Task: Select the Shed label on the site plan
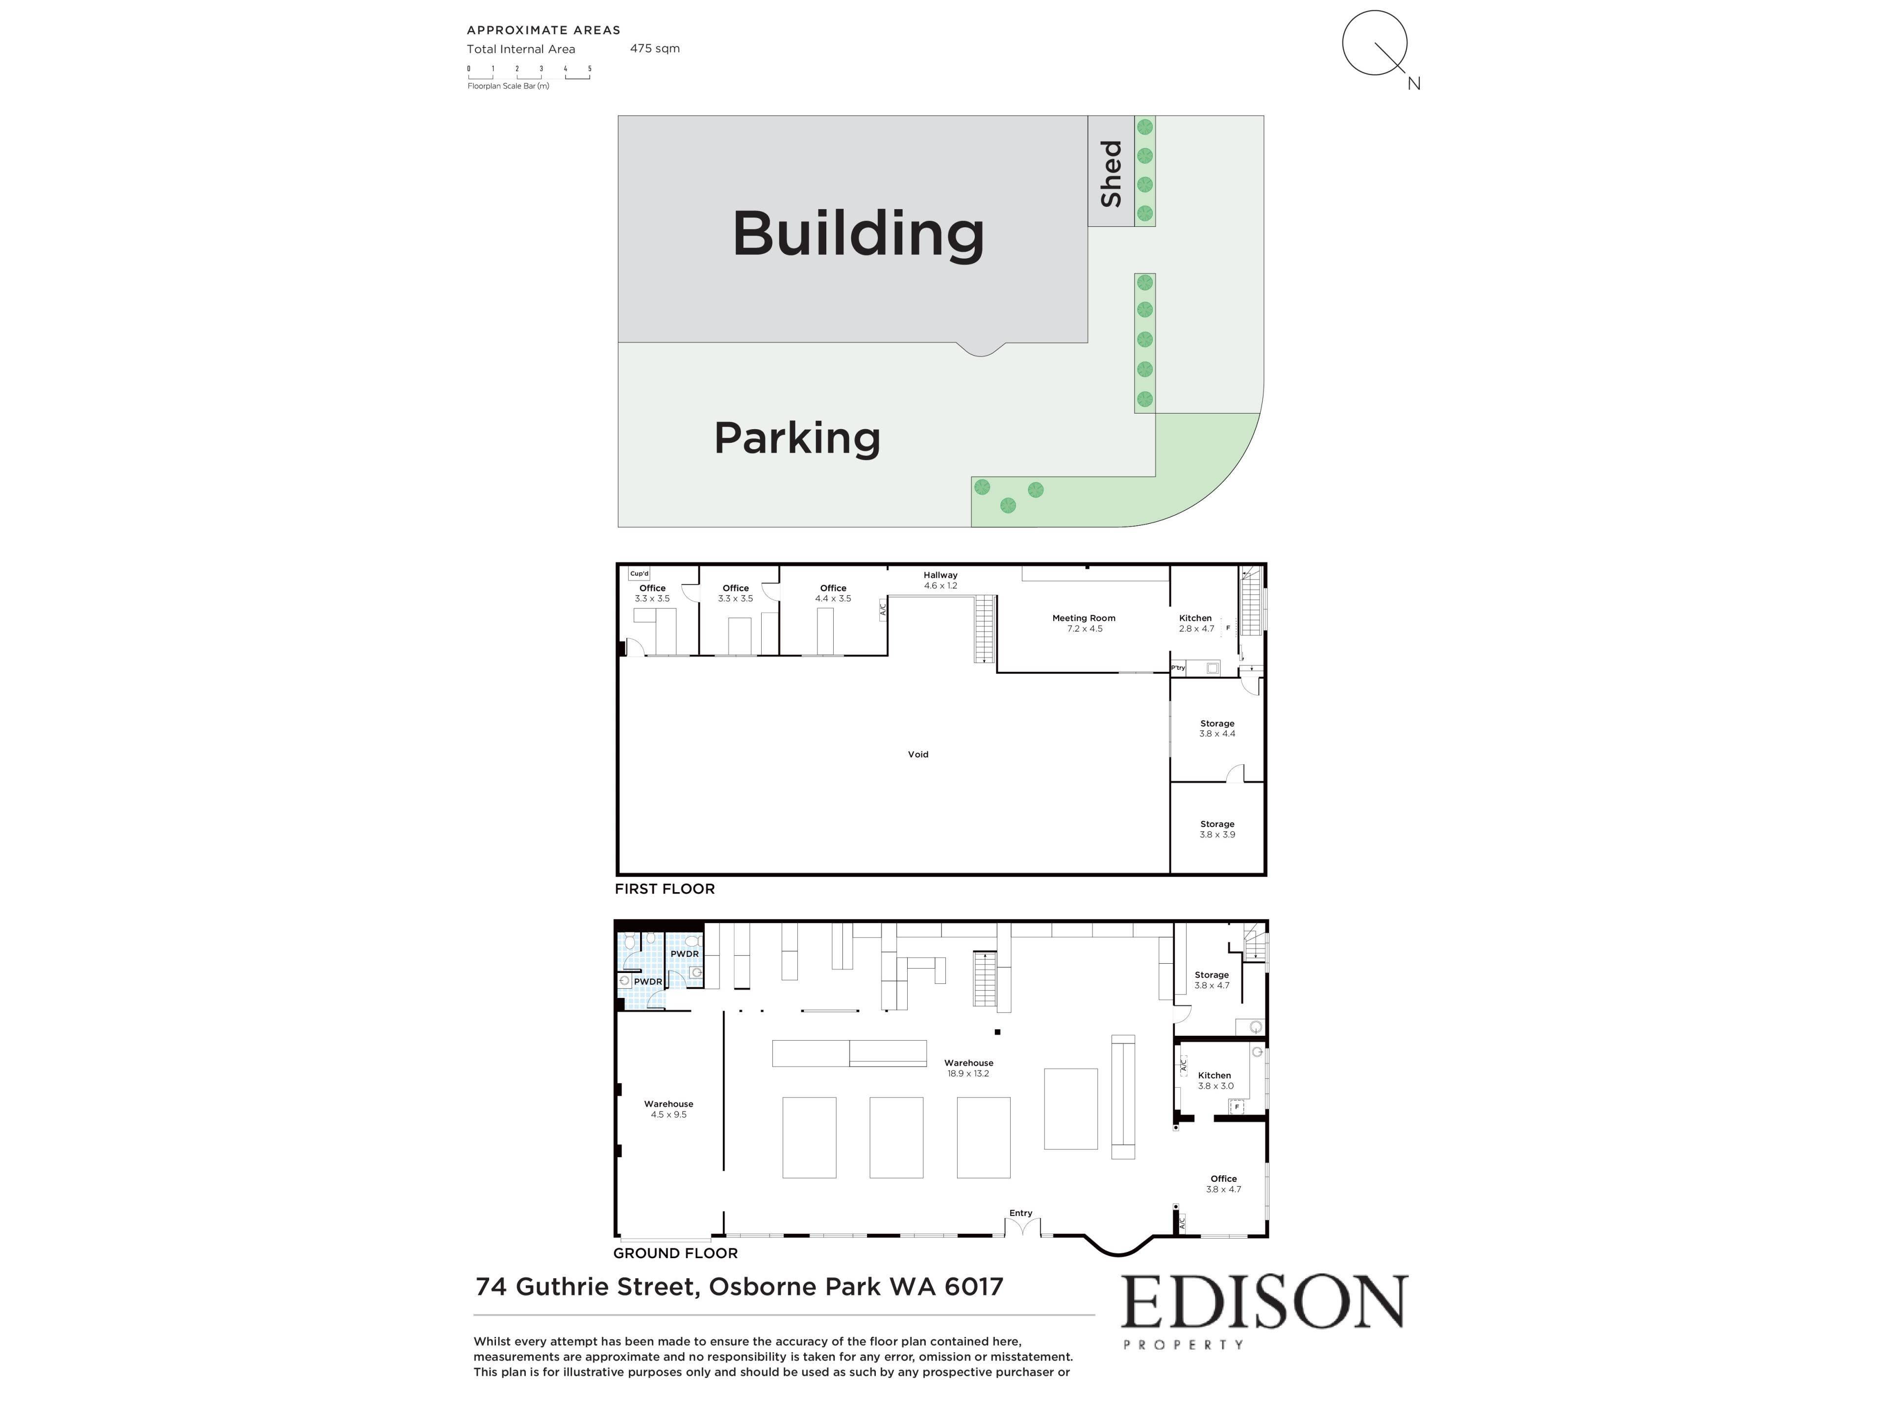1111,173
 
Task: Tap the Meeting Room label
1084,623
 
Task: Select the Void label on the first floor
918,754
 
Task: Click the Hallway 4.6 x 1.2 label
940,580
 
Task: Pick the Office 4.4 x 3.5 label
833,593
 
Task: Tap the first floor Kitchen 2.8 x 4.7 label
1195,623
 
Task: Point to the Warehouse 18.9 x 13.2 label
968,1068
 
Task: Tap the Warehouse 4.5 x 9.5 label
669,1109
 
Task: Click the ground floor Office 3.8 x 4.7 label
1223,1184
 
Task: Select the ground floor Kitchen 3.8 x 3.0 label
1215,1080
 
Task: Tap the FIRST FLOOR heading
665,889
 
